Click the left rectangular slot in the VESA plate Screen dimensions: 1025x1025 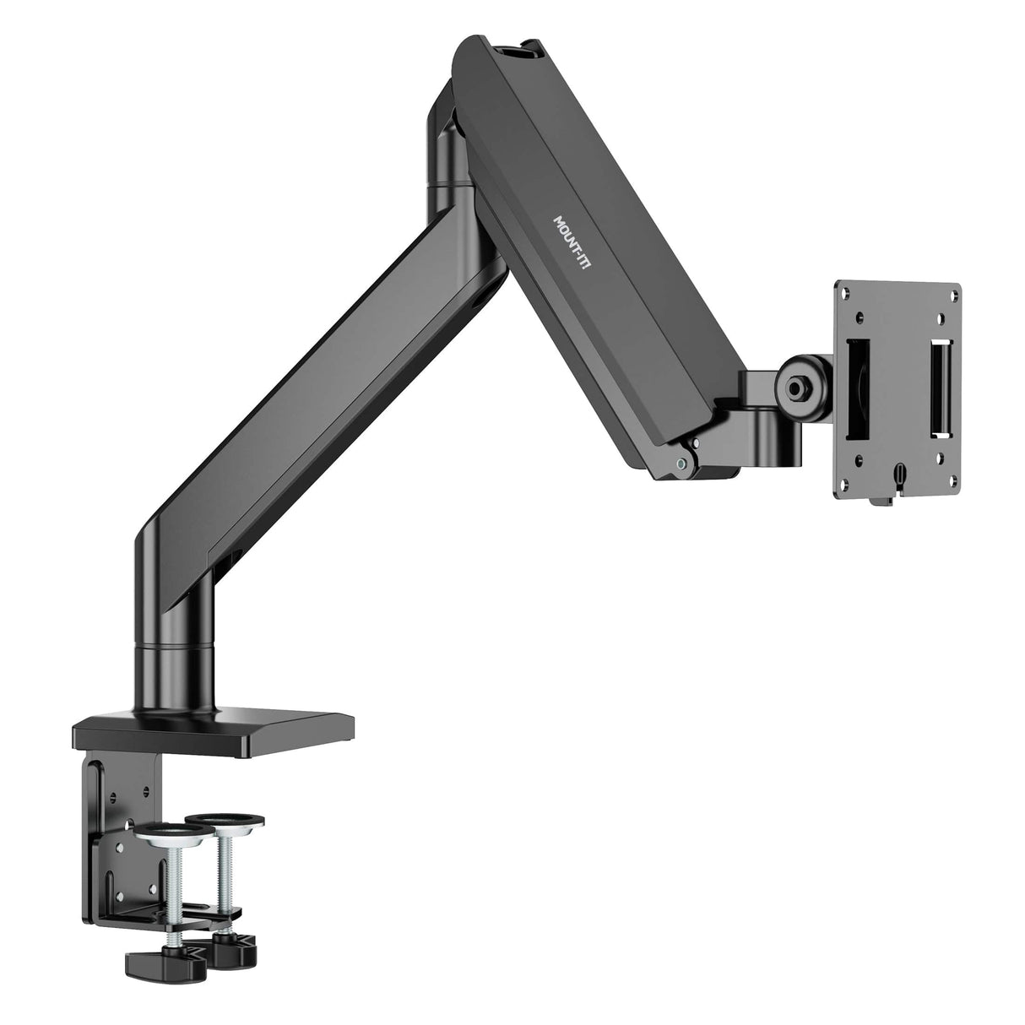tap(856, 388)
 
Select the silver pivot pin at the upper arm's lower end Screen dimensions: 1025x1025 tap(681, 463)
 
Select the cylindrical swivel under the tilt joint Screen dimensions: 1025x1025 tap(762, 431)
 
